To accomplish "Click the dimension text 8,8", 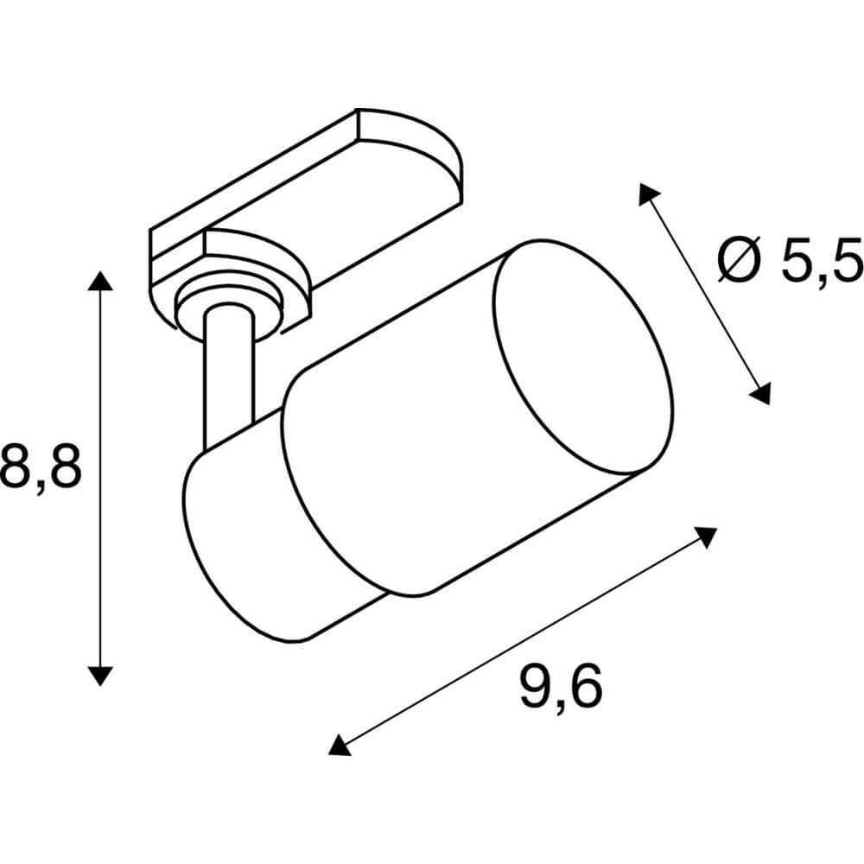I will pos(41,467).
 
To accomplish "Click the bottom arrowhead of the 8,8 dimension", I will pos(101,675).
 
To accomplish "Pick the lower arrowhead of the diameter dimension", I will pos(760,394).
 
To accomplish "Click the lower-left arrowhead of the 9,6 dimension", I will pos(340,744).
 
